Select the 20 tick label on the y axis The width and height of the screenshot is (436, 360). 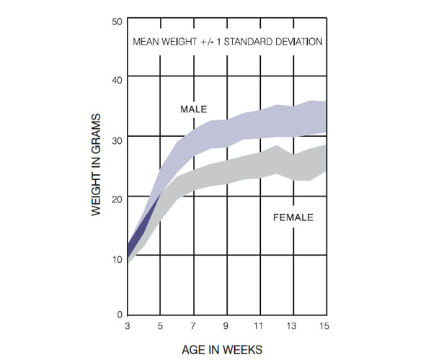[117, 197]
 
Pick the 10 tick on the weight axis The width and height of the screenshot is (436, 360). [117, 257]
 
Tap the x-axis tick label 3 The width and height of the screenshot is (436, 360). [128, 327]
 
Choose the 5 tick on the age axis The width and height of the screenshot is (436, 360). [161, 327]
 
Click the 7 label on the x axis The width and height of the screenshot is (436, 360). [194, 327]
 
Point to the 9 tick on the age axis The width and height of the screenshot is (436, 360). [227, 327]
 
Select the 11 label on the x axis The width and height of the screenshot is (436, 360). [260, 327]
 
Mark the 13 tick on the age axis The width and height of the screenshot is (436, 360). [293, 327]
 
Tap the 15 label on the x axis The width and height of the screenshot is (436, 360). [326, 327]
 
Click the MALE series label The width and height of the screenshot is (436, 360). [193, 109]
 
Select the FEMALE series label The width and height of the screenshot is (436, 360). [293, 217]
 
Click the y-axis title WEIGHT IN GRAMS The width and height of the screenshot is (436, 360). [96, 168]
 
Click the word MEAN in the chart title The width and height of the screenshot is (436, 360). [146, 41]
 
